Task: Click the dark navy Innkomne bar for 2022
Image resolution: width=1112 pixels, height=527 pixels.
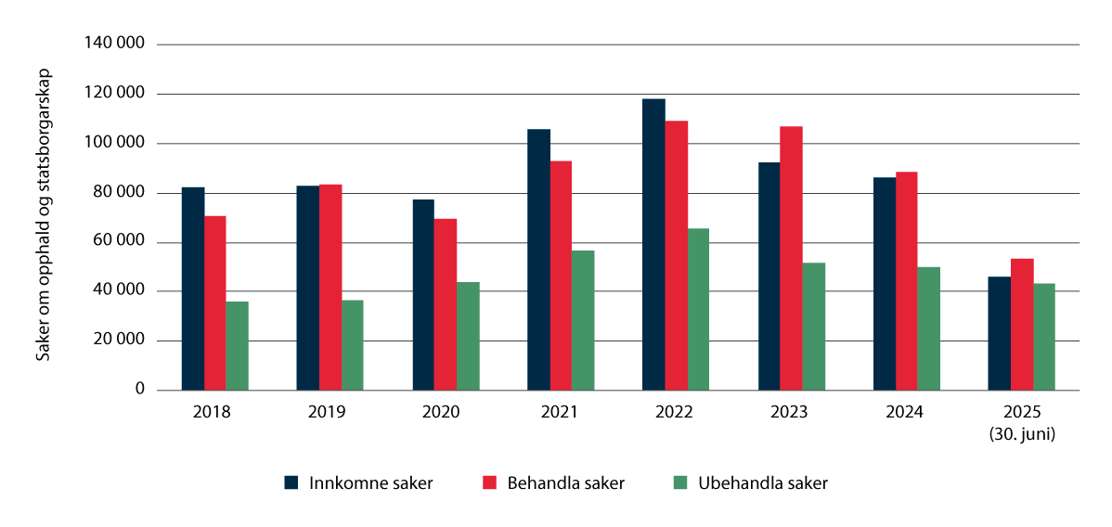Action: (x=653, y=244)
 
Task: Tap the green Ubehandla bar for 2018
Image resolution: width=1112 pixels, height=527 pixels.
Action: (x=238, y=345)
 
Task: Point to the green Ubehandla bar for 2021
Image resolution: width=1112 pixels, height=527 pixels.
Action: (x=583, y=320)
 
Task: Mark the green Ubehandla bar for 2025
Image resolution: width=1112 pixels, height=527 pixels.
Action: (x=1044, y=336)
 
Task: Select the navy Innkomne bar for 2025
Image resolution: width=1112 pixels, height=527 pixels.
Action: (x=1000, y=333)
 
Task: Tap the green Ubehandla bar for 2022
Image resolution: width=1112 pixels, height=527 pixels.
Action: (x=698, y=309)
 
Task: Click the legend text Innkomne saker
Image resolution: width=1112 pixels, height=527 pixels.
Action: (x=360, y=482)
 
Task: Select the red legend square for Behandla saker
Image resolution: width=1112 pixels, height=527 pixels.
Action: (x=489, y=482)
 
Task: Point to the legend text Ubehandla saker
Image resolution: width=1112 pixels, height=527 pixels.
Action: (x=763, y=482)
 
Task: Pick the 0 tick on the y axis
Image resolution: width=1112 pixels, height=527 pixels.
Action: (x=139, y=390)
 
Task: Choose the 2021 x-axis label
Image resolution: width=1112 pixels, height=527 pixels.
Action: (x=561, y=413)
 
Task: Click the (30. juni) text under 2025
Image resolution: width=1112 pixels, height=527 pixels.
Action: (x=1022, y=431)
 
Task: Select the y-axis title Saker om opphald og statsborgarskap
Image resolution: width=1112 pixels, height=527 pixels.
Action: (x=44, y=215)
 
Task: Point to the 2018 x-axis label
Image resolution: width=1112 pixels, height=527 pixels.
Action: (x=214, y=413)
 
